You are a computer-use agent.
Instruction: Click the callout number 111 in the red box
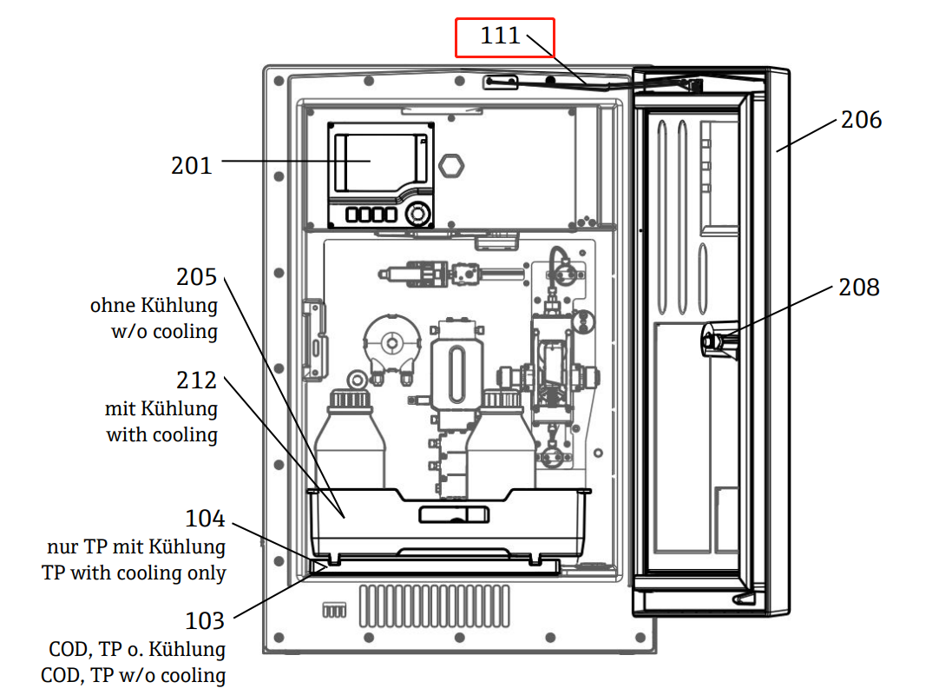(x=500, y=36)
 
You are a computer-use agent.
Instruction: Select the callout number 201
(x=191, y=164)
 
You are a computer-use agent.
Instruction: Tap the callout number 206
(x=861, y=120)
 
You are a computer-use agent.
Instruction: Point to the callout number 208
(x=858, y=287)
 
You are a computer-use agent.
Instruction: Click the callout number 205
(x=197, y=277)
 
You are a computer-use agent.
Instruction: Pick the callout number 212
(x=197, y=381)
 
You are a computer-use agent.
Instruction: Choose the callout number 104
(x=205, y=520)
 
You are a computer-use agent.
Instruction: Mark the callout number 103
(x=205, y=621)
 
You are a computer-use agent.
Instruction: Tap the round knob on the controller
(x=418, y=212)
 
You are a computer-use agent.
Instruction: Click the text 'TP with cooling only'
(x=134, y=573)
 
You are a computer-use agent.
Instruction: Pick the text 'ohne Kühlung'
(x=154, y=306)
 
